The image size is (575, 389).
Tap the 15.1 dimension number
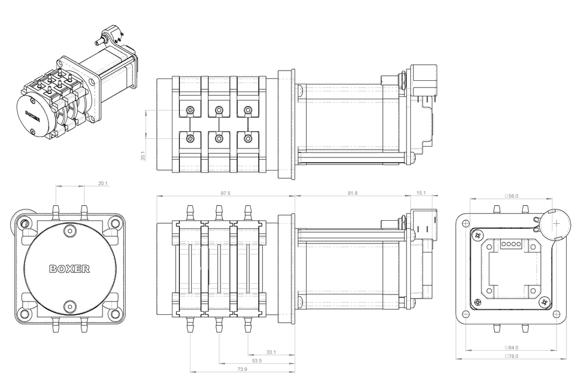pyautogui.click(x=420, y=193)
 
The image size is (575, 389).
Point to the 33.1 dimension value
pyautogui.click(x=271, y=352)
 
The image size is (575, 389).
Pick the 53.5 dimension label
pyautogui.click(x=256, y=361)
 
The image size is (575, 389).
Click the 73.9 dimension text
pyautogui.click(x=241, y=369)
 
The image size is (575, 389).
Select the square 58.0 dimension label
pyautogui.click(x=512, y=196)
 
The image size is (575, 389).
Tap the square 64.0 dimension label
pyautogui.click(x=512, y=347)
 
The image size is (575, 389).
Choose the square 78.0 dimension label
pyautogui.click(x=512, y=356)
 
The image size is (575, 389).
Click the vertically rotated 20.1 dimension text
pyautogui.click(x=143, y=156)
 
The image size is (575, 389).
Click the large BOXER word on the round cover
pyautogui.click(x=69, y=269)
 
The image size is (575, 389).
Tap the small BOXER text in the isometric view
pyautogui.click(x=32, y=114)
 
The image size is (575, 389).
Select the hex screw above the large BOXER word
pyautogui.click(x=71, y=231)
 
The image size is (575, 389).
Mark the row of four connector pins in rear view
pyautogui.click(x=509, y=244)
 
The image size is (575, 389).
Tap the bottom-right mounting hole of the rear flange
pyautogui.click(x=556, y=314)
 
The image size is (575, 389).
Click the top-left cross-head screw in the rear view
pyautogui.click(x=477, y=235)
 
